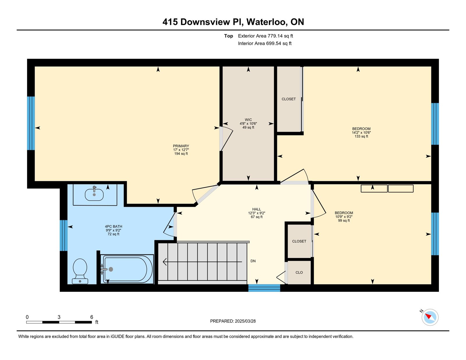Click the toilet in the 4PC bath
(x=80, y=271)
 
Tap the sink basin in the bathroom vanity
(x=94, y=195)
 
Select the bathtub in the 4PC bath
(x=127, y=269)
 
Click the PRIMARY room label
(x=181, y=146)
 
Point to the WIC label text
(x=248, y=120)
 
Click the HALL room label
(x=257, y=209)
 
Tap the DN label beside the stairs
(x=253, y=261)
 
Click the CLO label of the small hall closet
(x=299, y=273)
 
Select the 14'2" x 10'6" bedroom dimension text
(x=361, y=133)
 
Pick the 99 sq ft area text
(x=344, y=220)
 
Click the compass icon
(x=430, y=317)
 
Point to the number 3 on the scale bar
(x=59, y=317)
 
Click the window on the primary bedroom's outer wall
(x=31, y=123)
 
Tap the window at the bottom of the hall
(x=264, y=288)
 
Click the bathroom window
(x=63, y=235)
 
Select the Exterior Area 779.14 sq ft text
(x=265, y=36)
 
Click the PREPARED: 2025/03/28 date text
(x=233, y=321)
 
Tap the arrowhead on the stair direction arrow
(x=165, y=262)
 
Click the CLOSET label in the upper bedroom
(x=289, y=99)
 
